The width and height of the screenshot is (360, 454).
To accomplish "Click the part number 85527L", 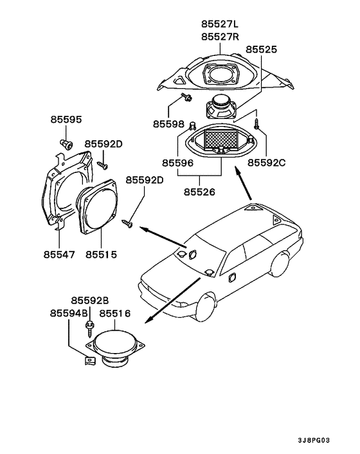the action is (220, 24).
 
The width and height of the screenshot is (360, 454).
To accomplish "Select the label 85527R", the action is (221, 37).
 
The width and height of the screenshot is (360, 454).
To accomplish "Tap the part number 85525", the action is (261, 50).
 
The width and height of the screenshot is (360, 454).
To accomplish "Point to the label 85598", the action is (168, 124).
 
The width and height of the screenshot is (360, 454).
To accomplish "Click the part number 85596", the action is (177, 163).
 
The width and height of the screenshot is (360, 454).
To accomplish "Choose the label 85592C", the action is (266, 163).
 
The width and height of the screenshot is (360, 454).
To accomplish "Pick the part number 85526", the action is (199, 192).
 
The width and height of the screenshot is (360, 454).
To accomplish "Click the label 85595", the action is (66, 120).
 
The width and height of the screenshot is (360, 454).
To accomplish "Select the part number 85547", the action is (59, 255).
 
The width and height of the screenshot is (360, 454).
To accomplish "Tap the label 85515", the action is (101, 255).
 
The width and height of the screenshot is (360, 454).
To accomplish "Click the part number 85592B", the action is (90, 301).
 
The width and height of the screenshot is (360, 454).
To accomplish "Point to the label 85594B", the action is (69, 313).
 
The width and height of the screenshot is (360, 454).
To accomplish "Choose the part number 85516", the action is (115, 313).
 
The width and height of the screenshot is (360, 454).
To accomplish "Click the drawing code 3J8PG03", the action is (314, 440).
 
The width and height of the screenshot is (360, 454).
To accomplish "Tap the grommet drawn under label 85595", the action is (66, 144).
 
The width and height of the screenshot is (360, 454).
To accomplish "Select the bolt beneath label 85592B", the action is (89, 329).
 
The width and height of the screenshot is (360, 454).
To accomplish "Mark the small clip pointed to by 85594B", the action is (90, 361).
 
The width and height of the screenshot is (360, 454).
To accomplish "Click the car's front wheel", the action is (206, 308).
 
